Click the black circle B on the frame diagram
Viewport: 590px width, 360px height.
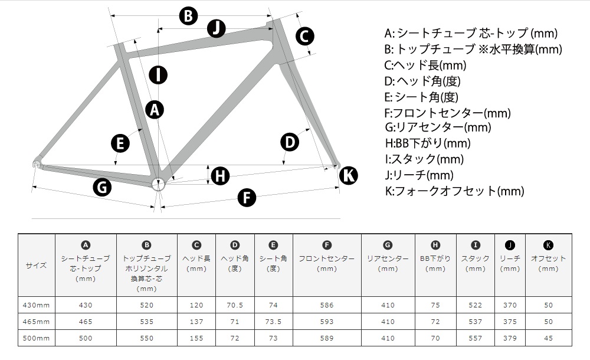click(188, 16)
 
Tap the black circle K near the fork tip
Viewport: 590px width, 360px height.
click(349, 175)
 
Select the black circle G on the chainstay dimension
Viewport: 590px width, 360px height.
click(102, 187)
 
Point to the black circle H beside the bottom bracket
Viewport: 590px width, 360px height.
click(220, 176)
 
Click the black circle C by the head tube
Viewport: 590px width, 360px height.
click(304, 36)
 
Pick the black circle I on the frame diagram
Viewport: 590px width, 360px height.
click(158, 74)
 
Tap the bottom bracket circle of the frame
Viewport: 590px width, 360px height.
click(158, 185)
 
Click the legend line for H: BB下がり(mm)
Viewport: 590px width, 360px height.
click(428, 143)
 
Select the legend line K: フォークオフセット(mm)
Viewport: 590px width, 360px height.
click(454, 191)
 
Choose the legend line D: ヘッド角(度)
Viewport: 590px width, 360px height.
click(422, 81)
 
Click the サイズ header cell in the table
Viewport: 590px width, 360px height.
click(36, 265)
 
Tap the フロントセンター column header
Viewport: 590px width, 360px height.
click(327, 263)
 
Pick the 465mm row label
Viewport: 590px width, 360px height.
click(36, 322)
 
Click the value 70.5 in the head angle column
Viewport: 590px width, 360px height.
click(235, 305)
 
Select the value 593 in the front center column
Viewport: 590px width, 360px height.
click(327, 322)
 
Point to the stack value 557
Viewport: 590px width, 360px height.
click(475, 338)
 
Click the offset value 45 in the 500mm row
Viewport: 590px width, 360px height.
click(548, 338)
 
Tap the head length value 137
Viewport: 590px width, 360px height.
click(196, 322)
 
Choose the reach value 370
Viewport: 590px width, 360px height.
click(510, 305)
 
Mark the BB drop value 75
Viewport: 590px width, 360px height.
click(435, 305)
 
